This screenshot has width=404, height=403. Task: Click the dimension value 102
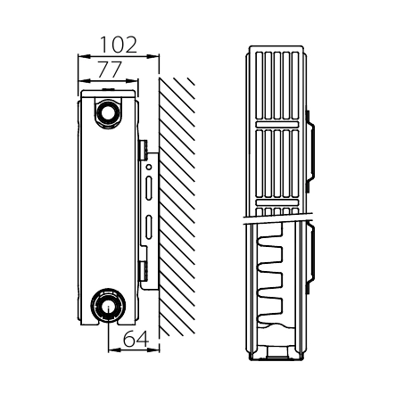pos(119,45)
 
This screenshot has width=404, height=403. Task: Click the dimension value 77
pos(110,70)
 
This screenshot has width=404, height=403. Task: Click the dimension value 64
pos(136,339)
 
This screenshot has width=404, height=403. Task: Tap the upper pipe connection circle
pos(108,112)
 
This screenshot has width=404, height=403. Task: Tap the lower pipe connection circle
pos(108,305)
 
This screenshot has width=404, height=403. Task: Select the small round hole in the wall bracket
pos(149,168)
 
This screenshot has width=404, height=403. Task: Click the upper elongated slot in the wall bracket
pos(149,188)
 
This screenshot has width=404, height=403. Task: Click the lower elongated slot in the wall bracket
pos(149,227)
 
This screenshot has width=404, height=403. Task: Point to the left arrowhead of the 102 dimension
pos(84,55)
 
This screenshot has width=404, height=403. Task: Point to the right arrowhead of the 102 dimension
pos(153,55)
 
